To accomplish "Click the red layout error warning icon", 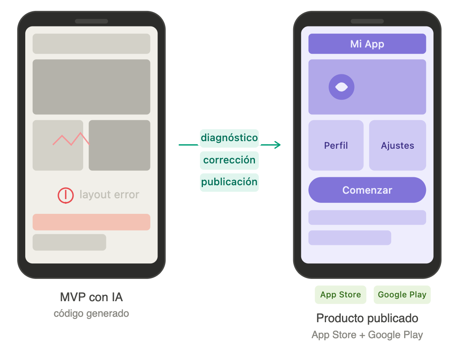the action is (66, 195).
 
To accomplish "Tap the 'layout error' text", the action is (109, 194).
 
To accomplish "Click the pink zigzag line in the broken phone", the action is (71, 139).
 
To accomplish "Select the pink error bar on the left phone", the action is (91, 222).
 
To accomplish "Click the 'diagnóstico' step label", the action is (229, 138).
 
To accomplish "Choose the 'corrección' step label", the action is (229, 160).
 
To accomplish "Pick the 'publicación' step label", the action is (229, 182).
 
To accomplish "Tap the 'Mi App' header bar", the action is (367, 44).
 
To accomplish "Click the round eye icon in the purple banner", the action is (342, 87).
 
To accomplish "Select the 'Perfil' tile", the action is (336, 145).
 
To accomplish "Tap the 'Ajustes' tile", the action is (397, 145).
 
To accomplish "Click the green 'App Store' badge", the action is (341, 294).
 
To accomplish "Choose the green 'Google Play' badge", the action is (402, 294).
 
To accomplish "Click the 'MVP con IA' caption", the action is (91, 297).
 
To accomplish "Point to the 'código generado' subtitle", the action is (91, 313).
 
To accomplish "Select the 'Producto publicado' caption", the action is (367, 318).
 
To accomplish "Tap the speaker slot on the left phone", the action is (91, 21).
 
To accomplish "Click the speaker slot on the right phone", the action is (367, 21).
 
